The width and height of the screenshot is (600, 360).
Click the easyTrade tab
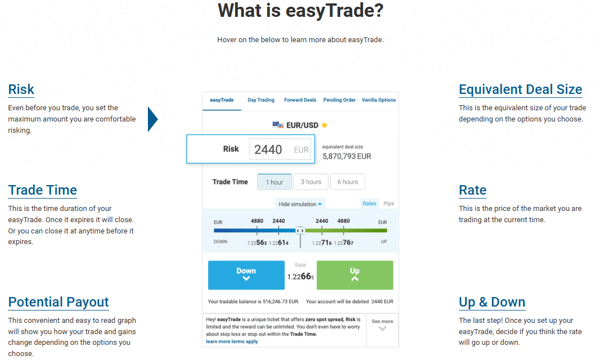pyautogui.click(x=222, y=100)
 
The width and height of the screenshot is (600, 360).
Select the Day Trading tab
pyautogui.click(x=261, y=100)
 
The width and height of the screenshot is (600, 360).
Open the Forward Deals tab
pyautogui.click(x=300, y=100)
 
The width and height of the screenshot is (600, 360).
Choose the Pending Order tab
pyautogui.click(x=340, y=100)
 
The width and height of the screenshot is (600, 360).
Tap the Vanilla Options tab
pyautogui.click(x=379, y=100)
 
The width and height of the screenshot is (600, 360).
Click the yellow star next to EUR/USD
pyautogui.click(x=324, y=125)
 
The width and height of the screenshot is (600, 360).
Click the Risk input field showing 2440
pyautogui.click(x=279, y=150)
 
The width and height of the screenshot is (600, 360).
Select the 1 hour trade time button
pyautogui.click(x=274, y=182)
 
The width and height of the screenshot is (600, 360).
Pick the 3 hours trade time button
pyautogui.click(x=311, y=182)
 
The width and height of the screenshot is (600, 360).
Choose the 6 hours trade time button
pyautogui.click(x=348, y=182)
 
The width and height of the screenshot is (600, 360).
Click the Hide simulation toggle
pyautogui.click(x=300, y=204)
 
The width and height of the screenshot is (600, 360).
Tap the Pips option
pyautogui.click(x=389, y=204)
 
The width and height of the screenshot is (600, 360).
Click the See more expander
pyautogui.click(x=382, y=325)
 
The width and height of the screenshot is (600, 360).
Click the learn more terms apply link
pyautogui.click(x=232, y=341)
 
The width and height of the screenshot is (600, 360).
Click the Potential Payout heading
pyautogui.click(x=58, y=302)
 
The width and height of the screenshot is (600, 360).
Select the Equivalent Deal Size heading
pyautogui.click(x=520, y=89)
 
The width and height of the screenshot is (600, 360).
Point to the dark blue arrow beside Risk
pyautogui.click(x=152, y=119)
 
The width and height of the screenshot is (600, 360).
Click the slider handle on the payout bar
pyautogui.click(x=300, y=231)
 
